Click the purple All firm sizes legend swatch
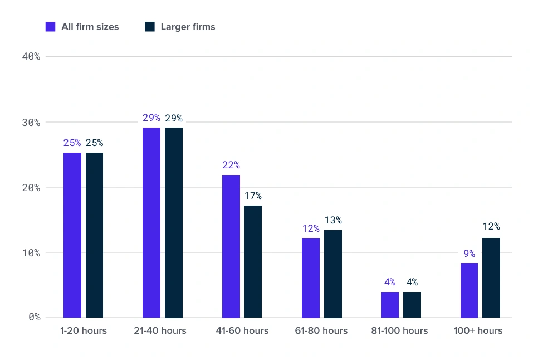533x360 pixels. tap(50, 27)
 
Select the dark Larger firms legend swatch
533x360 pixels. tap(150, 27)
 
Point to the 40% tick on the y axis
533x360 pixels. tap(31, 56)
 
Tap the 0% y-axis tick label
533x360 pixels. tap(35, 317)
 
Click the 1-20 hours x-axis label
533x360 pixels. tap(84, 330)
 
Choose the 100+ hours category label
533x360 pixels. tap(478, 330)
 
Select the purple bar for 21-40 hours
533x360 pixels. tap(151, 222)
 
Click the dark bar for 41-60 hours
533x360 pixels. tap(253, 262)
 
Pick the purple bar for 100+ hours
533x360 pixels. tap(469, 290)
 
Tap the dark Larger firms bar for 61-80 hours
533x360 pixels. tap(333, 274)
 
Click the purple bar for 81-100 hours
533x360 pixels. tap(390, 305)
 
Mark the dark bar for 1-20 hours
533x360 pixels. tap(95, 235)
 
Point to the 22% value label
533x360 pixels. tap(231, 165)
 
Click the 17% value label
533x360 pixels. tap(253, 196)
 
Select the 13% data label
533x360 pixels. tap(333, 220)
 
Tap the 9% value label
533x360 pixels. tap(470, 253)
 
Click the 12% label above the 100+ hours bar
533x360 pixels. tap(492, 226)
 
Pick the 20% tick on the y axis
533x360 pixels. tap(31, 187)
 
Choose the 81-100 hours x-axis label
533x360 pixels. tap(399, 330)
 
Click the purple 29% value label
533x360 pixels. tap(151, 118)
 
